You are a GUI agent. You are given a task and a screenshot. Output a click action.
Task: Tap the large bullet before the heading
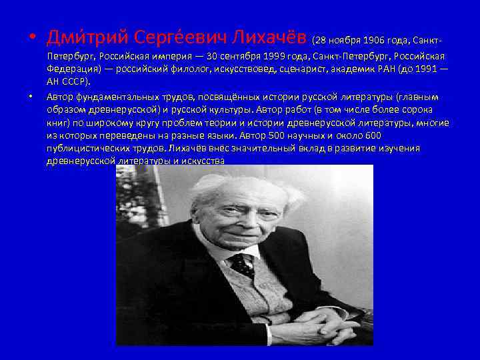tap(33, 35)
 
